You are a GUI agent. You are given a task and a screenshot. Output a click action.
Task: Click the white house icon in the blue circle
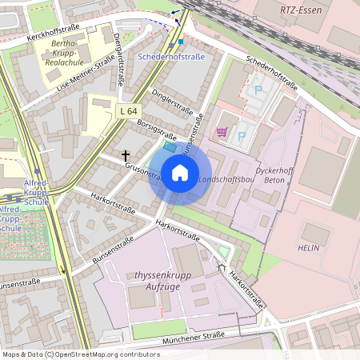180,173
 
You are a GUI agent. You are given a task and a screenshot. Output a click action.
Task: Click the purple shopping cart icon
222,131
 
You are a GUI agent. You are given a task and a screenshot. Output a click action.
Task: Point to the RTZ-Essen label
300,10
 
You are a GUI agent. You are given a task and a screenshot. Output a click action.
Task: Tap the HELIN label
308,248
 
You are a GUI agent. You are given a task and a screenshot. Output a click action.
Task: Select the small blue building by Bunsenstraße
169,147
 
